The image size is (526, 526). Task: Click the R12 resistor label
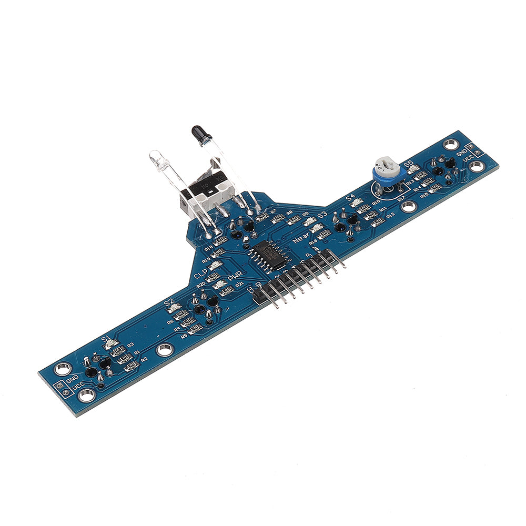[390, 215]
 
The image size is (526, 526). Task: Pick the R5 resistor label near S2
[184, 335]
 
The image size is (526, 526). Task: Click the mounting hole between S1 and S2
[165, 348]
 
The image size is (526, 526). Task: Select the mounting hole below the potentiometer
[408, 206]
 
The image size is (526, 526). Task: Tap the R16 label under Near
[313, 242]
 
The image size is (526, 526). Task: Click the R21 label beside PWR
[240, 284]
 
